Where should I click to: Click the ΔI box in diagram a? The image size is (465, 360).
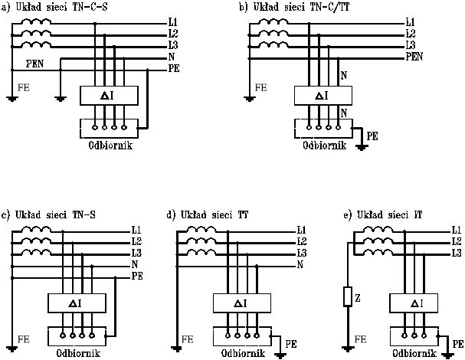pyautogui.click(x=109, y=96)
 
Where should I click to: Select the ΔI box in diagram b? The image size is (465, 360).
pyautogui.click(x=323, y=96)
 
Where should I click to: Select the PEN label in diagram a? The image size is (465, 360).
pyautogui.click(x=34, y=63)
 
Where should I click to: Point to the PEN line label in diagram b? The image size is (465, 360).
pyautogui.click(x=414, y=57)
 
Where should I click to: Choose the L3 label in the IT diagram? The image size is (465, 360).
pyautogui.click(x=456, y=253)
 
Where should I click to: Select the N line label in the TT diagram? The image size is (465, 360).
pyautogui.click(x=300, y=264)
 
